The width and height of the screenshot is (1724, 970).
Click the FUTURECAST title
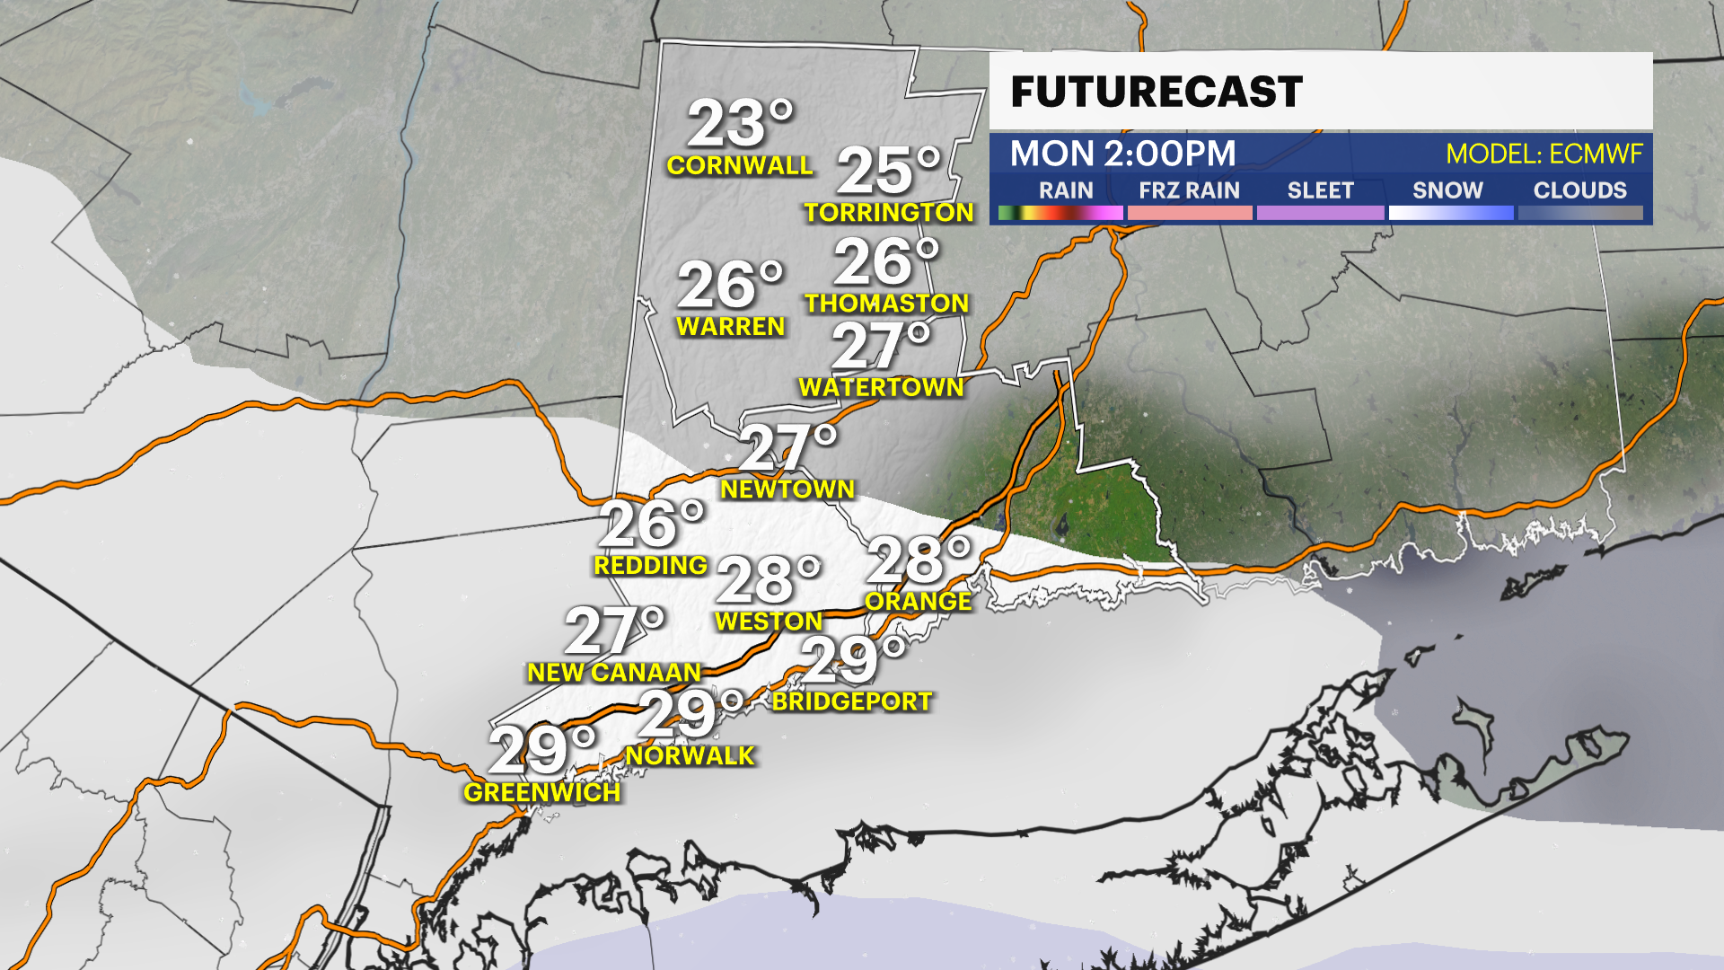point(1157,92)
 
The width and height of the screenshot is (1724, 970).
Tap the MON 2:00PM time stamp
point(1122,154)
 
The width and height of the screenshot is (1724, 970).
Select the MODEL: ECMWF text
point(1544,154)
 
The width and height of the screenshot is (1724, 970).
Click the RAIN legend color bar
point(1060,213)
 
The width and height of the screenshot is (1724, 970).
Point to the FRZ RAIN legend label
point(1189,190)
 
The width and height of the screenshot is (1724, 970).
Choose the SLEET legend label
point(1320,190)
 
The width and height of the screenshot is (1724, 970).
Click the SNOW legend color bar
point(1450,213)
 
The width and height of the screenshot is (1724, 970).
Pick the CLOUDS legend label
point(1579,190)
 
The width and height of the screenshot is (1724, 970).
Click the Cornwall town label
point(740,165)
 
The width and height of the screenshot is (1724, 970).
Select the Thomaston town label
point(886,304)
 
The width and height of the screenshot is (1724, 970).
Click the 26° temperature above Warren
point(729,285)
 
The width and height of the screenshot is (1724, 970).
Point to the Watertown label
point(881,387)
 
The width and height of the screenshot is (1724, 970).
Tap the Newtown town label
point(787,489)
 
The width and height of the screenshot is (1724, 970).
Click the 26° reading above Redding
point(651,524)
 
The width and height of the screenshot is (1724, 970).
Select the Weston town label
point(769,622)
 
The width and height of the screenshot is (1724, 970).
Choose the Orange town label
point(918,601)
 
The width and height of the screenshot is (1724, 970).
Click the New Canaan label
point(614,672)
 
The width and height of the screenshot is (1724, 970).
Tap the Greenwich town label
point(542,792)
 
